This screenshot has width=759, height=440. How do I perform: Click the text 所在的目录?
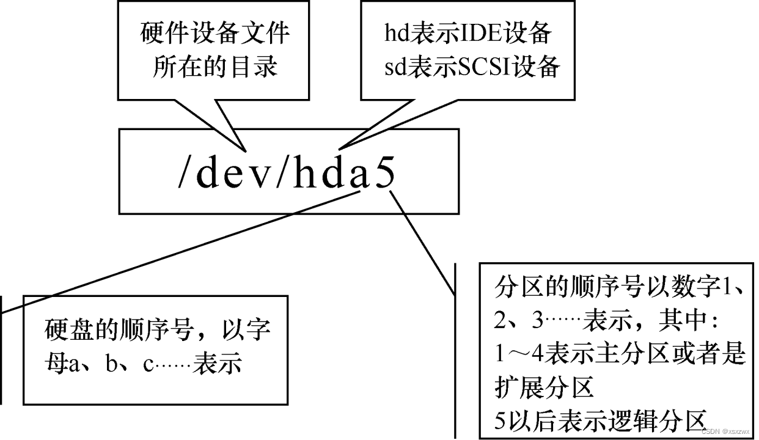215,65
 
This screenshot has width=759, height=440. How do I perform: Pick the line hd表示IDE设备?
468,33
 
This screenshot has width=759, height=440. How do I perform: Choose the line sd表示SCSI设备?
472,67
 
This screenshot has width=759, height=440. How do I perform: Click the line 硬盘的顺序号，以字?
158,331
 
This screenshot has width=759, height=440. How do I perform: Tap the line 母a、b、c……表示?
144,364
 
